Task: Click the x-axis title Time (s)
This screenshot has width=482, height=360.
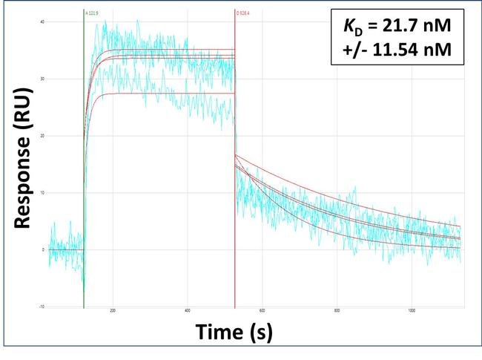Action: tap(234, 333)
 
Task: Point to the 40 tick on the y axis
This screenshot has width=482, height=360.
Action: tap(43, 22)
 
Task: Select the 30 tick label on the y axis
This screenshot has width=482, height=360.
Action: tap(43, 79)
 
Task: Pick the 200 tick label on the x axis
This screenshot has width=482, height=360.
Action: tap(113, 311)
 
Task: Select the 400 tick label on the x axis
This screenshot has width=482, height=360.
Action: tap(188, 311)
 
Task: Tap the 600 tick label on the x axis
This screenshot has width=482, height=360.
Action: tap(263, 311)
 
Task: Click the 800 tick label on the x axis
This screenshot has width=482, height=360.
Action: tap(337, 311)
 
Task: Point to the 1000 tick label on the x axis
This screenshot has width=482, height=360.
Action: tap(412, 311)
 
